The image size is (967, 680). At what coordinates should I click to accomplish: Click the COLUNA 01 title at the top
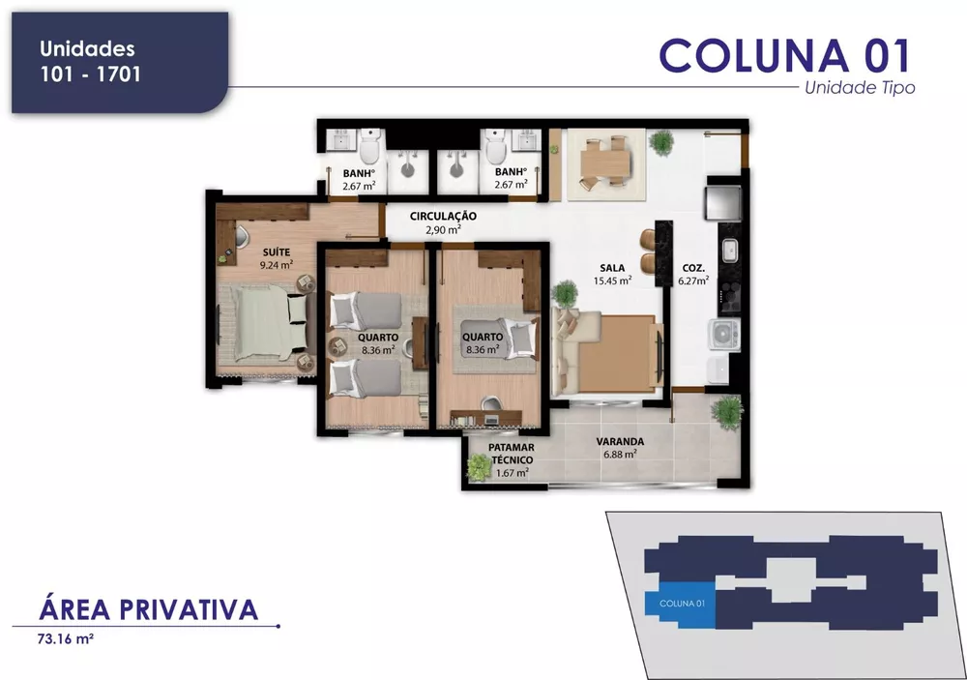point(784,56)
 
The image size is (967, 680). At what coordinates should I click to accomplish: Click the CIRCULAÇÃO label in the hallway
point(443,216)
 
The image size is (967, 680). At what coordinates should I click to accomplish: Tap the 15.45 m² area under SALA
point(612,281)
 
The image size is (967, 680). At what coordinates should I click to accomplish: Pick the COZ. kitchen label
point(692,267)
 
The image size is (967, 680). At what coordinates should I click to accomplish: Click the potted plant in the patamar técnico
point(478,468)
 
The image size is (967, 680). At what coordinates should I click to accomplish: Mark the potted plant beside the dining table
point(661,143)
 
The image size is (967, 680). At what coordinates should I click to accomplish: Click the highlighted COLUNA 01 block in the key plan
point(680,603)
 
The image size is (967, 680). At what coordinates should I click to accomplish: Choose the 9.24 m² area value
point(275,263)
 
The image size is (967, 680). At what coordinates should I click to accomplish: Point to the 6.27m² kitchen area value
point(692,281)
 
